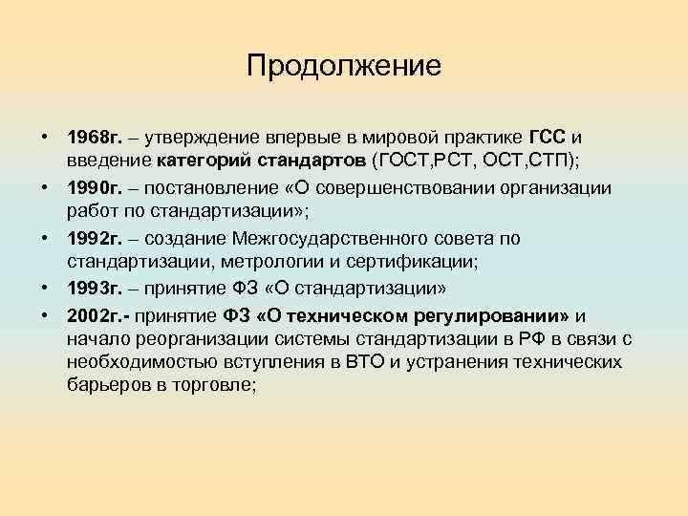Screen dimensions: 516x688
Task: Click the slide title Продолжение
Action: [343, 66]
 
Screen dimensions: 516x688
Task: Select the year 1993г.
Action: [93, 287]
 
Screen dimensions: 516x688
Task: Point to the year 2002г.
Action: [95, 316]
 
